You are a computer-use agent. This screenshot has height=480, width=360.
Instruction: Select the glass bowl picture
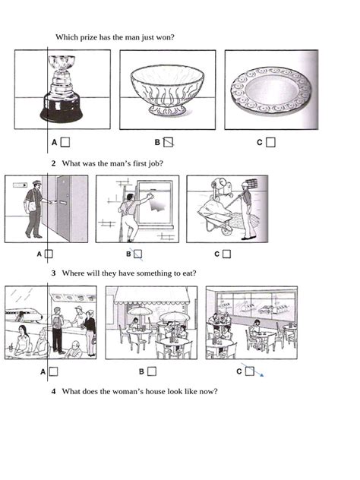coord(166,90)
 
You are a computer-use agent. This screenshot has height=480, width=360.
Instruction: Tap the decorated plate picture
coord(271,90)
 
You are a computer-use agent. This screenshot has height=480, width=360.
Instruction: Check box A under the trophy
coord(65,141)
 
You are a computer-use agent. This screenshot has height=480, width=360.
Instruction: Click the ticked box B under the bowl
coord(169,141)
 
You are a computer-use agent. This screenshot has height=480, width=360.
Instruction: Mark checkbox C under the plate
coord(270,141)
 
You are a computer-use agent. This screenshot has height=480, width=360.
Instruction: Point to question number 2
coord(53,164)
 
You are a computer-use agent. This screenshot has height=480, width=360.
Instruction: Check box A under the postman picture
coord(49,254)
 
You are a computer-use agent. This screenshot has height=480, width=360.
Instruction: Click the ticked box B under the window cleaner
coord(137,254)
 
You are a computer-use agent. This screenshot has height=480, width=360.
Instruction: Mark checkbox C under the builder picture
coord(226,254)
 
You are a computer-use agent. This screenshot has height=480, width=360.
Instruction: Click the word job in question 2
coord(156,164)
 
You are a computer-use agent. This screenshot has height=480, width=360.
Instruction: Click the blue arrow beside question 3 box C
coord(260,373)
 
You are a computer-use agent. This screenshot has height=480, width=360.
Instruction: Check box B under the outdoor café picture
coord(152,371)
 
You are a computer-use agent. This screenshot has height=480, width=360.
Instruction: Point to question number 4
coord(53,391)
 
